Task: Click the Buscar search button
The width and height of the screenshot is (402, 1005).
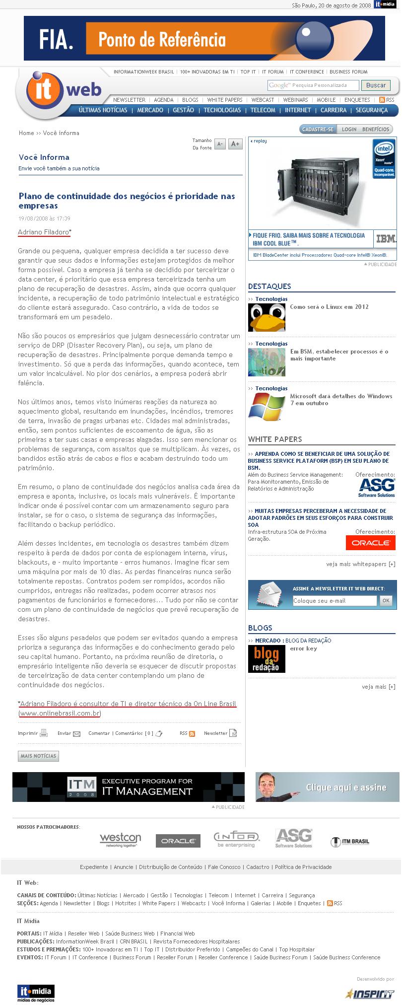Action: tap(376, 85)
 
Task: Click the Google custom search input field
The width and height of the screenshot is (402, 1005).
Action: tap(313, 85)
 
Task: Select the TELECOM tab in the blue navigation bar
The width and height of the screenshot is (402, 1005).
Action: tap(263, 110)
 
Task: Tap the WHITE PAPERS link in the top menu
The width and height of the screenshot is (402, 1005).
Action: tap(225, 100)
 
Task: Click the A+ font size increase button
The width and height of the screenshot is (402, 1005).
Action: tap(235, 144)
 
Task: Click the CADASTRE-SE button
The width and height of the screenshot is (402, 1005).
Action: tap(318, 129)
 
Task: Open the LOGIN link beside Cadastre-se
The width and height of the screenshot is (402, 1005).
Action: tap(349, 129)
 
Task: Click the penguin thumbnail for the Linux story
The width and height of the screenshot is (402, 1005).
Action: tap(267, 317)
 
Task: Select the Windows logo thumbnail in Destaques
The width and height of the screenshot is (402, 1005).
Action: tap(267, 407)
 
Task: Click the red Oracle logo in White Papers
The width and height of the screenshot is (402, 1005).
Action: tap(371, 543)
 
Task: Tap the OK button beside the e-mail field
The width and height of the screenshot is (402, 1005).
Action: tap(386, 600)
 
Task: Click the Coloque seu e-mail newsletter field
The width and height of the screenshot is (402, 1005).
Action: tap(335, 601)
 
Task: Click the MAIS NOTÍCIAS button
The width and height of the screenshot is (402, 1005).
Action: tap(38, 756)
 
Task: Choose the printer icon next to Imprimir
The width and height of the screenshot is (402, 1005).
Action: tap(44, 733)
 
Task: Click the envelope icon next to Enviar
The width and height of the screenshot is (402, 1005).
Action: tap(76, 733)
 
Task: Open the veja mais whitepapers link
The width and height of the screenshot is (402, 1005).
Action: tap(361, 564)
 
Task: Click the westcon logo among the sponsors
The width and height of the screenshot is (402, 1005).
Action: tap(121, 840)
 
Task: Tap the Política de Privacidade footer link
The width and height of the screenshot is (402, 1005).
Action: tap(303, 867)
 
